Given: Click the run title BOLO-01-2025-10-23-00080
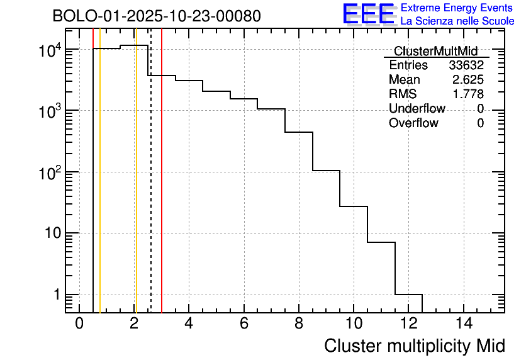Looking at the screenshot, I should click(156, 16).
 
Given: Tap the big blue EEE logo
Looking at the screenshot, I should click(369, 14).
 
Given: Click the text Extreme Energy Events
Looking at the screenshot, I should click(457, 8).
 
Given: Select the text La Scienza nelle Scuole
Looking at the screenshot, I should click(457, 21).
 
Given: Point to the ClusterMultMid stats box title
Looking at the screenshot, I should click(435, 51).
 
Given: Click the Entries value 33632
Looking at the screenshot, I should click(466, 65).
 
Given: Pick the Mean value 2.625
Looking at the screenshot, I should click(468, 80).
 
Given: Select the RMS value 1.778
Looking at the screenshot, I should click(468, 94).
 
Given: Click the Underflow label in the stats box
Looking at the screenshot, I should click(417, 109).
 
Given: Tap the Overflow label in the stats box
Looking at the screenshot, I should click(413, 123).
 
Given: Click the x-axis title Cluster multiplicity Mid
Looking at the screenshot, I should click(415, 346).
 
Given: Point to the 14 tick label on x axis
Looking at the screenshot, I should click(463, 323).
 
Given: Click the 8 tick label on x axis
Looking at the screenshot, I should click(299, 323).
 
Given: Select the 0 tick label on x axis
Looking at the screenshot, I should click(79, 323).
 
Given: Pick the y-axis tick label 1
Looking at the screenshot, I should click(55, 295).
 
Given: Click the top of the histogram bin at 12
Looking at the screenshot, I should click(409, 294).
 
